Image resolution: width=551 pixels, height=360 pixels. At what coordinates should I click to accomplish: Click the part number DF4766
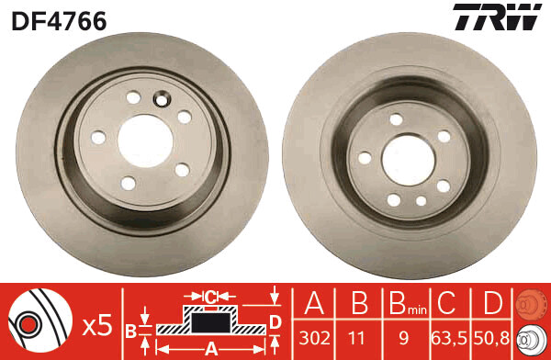59,19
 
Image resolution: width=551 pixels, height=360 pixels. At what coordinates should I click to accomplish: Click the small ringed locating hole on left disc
164,100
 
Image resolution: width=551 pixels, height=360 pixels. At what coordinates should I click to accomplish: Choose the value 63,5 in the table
446,336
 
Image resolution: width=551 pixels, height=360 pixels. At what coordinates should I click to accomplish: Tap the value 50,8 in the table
490,336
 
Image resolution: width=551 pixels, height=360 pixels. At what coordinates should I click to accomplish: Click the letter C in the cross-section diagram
209,296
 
